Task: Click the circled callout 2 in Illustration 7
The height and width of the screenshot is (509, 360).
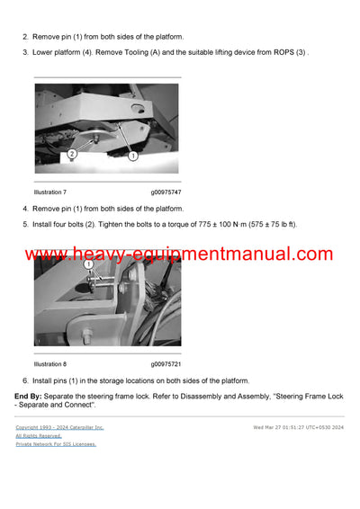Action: point(71,154)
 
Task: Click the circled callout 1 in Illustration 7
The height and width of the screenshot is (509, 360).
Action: point(132,156)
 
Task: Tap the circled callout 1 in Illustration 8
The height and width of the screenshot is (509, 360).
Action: point(88,265)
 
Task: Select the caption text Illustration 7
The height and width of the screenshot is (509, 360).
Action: point(50,192)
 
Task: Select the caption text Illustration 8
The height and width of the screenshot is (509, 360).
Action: point(50,364)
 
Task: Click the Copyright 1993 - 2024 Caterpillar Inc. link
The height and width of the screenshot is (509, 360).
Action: point(59,428)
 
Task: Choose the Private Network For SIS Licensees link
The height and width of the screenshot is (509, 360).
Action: point(56,444)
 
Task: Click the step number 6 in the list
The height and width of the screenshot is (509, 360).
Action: point(24,380)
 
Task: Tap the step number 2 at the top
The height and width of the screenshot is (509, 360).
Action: point(24,37)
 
